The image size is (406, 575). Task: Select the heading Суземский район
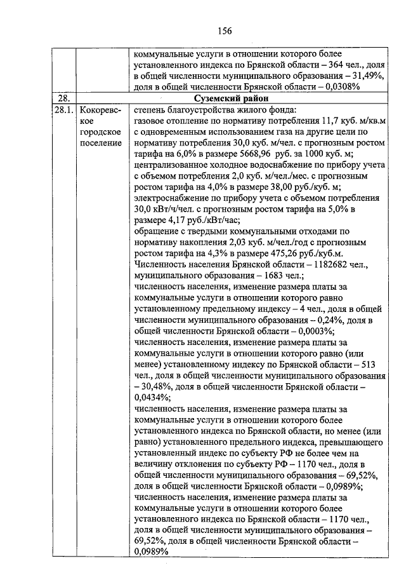pyautogui.click(x=229, y=98)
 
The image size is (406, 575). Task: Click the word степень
pyautogui.click(x=152, y=109)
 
